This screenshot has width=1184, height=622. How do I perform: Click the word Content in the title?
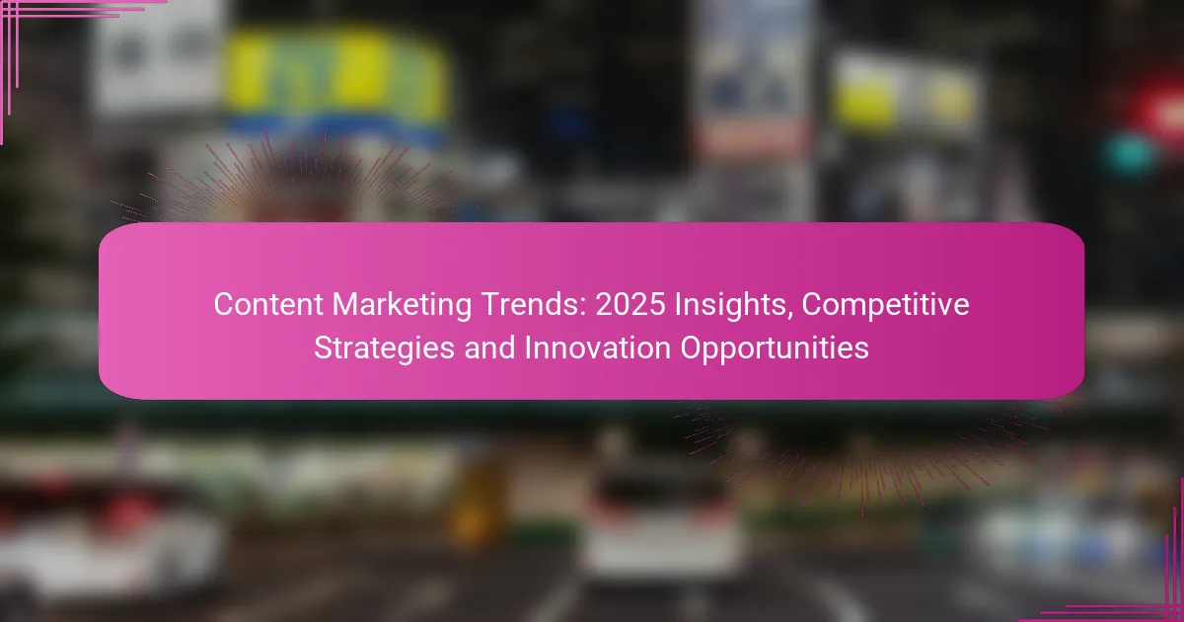coord(268,305)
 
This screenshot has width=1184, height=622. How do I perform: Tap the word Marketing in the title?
coord(402,306)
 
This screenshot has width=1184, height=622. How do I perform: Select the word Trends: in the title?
coord(534,305)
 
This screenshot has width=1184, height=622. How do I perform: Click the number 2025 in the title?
coord(630,305)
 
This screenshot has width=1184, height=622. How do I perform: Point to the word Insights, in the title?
coord(733,306)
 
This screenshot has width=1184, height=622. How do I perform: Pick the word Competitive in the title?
coord(885,306)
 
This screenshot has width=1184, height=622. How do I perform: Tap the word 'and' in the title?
coord(489,348)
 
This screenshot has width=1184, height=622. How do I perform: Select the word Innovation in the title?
coord(598,348)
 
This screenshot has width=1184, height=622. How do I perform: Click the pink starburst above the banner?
coord(296,180)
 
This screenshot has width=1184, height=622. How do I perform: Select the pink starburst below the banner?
coord(861,455)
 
